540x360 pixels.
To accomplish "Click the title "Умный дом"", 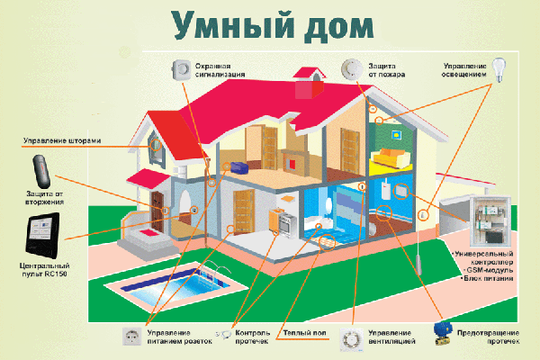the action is pyautogui.click(x=273, y=26).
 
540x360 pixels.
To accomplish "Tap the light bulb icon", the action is pyautogui.click(x=499, y=70).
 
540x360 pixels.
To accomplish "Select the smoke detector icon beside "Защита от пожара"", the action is pyautogui.click(x=352, y=69).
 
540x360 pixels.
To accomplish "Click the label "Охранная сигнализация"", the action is pyautogui.click(x=220, y=70).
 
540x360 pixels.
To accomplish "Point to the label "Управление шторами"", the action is pyautogui.click(x=62, y=140).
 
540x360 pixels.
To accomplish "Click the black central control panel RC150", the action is pyautogui.click(x=42, y=236).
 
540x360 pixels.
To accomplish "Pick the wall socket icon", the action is pyautogui.click(x=132, y=337).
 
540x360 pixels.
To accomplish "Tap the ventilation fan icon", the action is pyautogui.click(x=352, y=340).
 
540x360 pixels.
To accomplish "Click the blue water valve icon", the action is pyautogui.click(x=443, y=333).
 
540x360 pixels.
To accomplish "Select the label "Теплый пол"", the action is pyautogui.click(x=304, y=333).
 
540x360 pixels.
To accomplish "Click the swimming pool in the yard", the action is pyautogui.click(x=176, y=284).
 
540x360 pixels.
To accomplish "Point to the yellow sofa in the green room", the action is pyautogui.click(x=391, y=158).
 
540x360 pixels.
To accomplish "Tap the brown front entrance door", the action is pyautogui.click(x=157, y=211).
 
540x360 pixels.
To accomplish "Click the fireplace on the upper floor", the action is pyautogui.click(x=293, y=161).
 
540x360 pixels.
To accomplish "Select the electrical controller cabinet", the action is pyautogui.click(x=490, y=220).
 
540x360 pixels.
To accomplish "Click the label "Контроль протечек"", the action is pyautogui.click(x=252, y=337).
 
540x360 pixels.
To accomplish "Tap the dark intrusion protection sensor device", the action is pyautogui.click(x=41, y=171).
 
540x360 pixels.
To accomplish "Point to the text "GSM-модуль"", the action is pyautogui.click(x=490, y=270).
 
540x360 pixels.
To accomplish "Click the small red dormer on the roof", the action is pyautogui.click(x=309, y=82).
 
